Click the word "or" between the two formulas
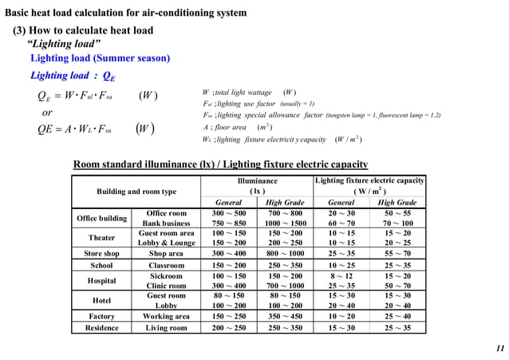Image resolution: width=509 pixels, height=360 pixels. click(x=47, y=113)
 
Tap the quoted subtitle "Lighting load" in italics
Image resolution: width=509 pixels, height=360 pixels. click(x=64, y=43)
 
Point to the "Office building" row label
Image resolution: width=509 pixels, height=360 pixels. click(x=101, y=219)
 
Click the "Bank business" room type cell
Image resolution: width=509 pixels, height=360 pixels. click(x=167, y=224)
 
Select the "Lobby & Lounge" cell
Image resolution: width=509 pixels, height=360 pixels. click(x=167, y=243)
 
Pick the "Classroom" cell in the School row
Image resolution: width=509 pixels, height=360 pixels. click(x=167, y=266)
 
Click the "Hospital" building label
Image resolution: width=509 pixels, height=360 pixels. click(x=101, y=281)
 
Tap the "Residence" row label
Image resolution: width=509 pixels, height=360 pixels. click(x=101, y=328)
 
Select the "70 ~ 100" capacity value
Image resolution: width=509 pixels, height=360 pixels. click(x=397, y=224)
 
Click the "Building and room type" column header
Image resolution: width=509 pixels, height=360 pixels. click(x=136, y=192)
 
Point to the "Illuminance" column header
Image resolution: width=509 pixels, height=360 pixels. click(x=257, y=181)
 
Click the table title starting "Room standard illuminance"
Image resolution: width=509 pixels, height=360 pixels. click(x=220, y=164)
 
